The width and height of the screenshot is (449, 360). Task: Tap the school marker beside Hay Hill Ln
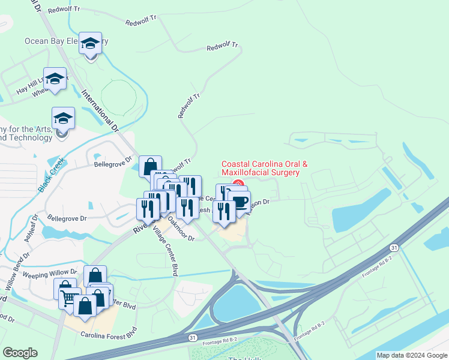[x=55, y=79]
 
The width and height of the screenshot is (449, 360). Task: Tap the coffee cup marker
[x=239, y=203]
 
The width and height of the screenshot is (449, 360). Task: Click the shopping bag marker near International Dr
[x=150, y=166]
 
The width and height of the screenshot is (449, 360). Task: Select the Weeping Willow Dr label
[x=50, y=272]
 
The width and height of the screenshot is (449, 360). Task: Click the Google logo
[x=19, y=353]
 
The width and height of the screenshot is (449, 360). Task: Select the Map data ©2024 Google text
[x=412, y=355]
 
